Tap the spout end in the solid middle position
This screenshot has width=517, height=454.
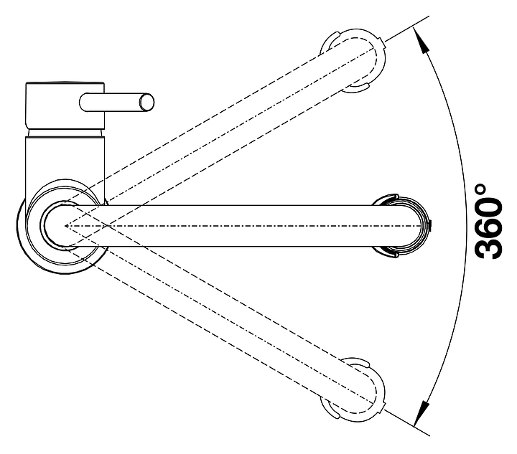coord(409,225)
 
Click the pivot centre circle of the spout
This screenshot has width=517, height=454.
coord(62,225)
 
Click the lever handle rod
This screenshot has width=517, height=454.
coord(115,102)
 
